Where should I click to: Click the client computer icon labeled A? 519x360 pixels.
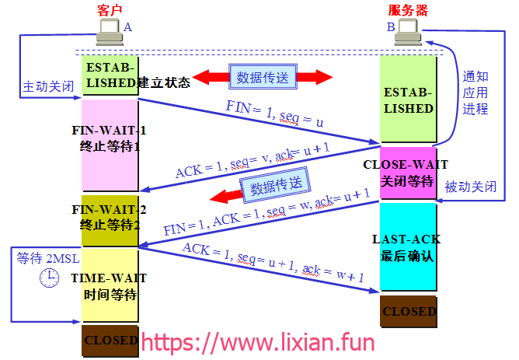point(110,32)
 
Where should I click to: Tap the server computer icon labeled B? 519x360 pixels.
point(408,32)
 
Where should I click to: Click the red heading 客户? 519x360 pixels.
point(110,10)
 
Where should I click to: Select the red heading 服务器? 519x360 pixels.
point(408,10)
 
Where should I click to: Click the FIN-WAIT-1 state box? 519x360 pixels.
point(110,145)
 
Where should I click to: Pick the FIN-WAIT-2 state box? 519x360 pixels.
point(110,221)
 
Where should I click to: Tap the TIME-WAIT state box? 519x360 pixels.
point(110,285)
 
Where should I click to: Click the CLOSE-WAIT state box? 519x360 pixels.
point(408,173)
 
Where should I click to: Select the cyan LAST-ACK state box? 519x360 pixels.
point(408,246)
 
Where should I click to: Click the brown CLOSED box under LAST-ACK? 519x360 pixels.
point(409,311)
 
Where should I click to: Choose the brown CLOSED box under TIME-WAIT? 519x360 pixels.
point(110,341)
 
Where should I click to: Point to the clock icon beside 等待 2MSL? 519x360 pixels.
point(49,278)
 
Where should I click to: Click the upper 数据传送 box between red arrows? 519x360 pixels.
point(263,77)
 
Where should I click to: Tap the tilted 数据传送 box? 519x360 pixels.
point(276,185)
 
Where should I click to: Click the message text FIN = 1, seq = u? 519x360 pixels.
point(274,114)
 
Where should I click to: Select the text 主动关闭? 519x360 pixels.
point(48,87)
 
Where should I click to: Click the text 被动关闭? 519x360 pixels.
point(470,187)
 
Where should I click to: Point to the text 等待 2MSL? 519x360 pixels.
point(48,258)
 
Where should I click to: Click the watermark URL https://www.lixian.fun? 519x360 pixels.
point(258,342)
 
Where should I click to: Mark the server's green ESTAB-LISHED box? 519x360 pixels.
point(408,99)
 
